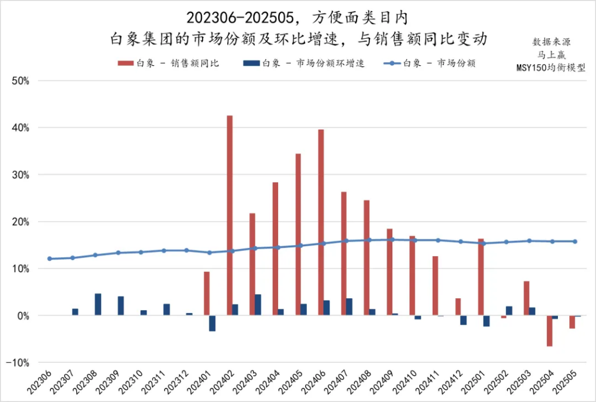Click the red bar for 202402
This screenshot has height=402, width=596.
point(230,215)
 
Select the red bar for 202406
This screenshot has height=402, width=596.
point(321,222)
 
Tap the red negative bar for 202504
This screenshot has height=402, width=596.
point(549,330)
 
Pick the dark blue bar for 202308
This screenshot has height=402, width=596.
point(98,304)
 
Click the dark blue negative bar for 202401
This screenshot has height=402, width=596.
point(212,323)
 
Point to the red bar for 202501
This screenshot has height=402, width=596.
point(481,277)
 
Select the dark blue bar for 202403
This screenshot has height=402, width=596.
point(258,305)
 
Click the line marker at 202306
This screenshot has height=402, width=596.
point(50,258)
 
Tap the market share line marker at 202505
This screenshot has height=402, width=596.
point(575,241)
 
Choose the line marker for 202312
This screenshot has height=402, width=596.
point(186,250)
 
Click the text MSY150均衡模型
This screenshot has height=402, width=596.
point(550,67)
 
